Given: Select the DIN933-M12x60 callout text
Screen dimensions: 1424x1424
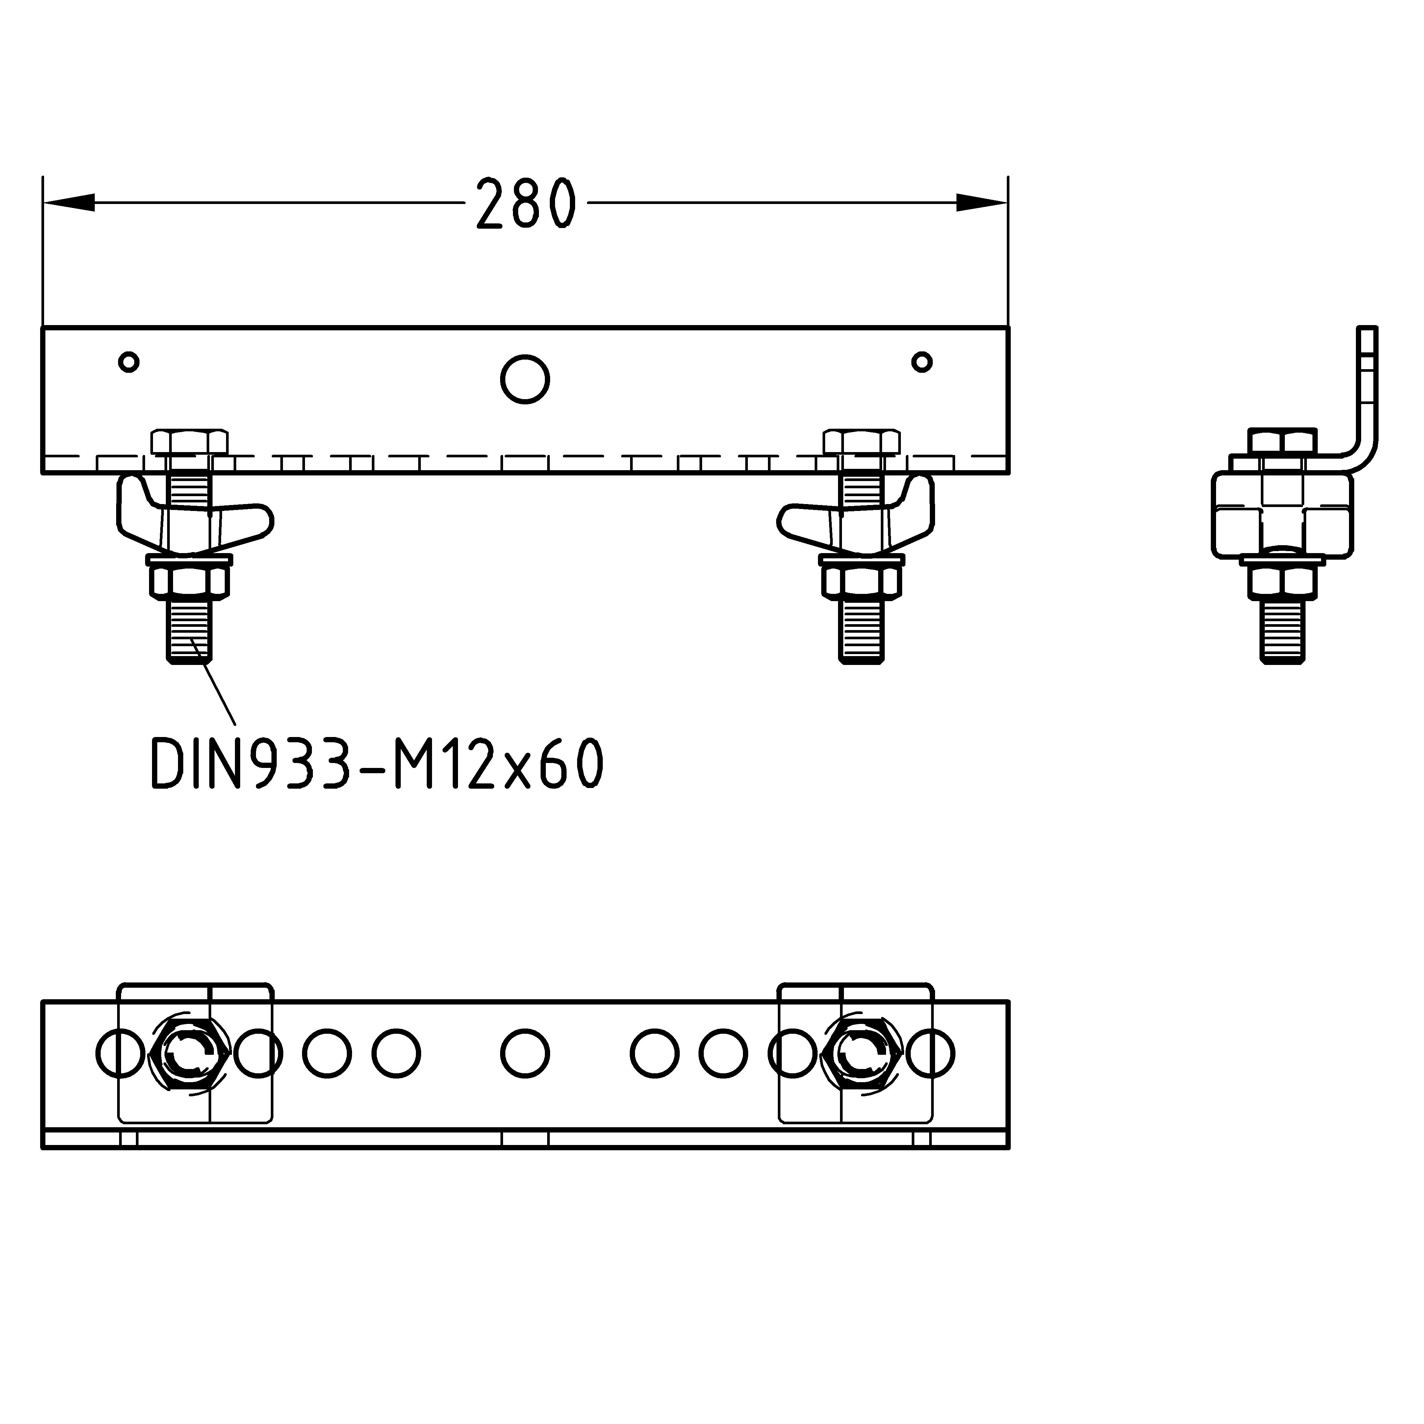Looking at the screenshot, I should pyautogui.click(x=377, y=765).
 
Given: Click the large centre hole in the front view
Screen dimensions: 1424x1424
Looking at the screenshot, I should pyautogui.click(x=525, y=380).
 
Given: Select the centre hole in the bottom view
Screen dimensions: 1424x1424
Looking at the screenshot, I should pyautogui.click(x=525, y=1053).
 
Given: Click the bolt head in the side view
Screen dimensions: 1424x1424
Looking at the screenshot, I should pyautogui.click(x=1283, y=442).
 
